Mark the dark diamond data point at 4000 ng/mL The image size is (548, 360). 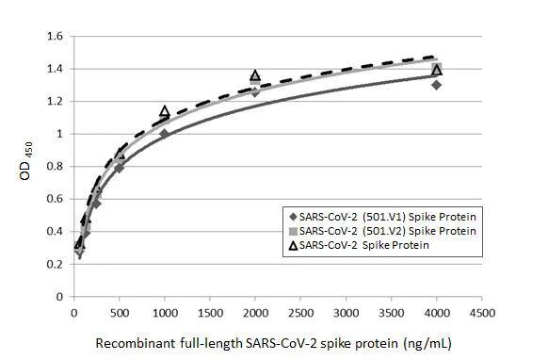[436, 85]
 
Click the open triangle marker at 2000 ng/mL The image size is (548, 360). [255, 75]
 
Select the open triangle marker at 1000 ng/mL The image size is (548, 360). [165, 111]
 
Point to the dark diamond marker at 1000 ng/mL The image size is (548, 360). [165, 134]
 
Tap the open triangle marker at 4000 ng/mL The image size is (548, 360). [436, 69]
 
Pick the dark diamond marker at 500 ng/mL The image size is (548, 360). [120, 168]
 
